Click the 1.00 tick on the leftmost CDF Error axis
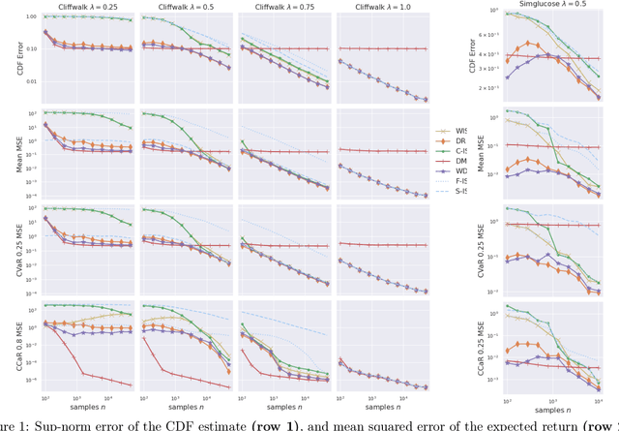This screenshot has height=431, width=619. click(31, 17)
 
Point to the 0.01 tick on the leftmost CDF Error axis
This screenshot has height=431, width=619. click(31, 80)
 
